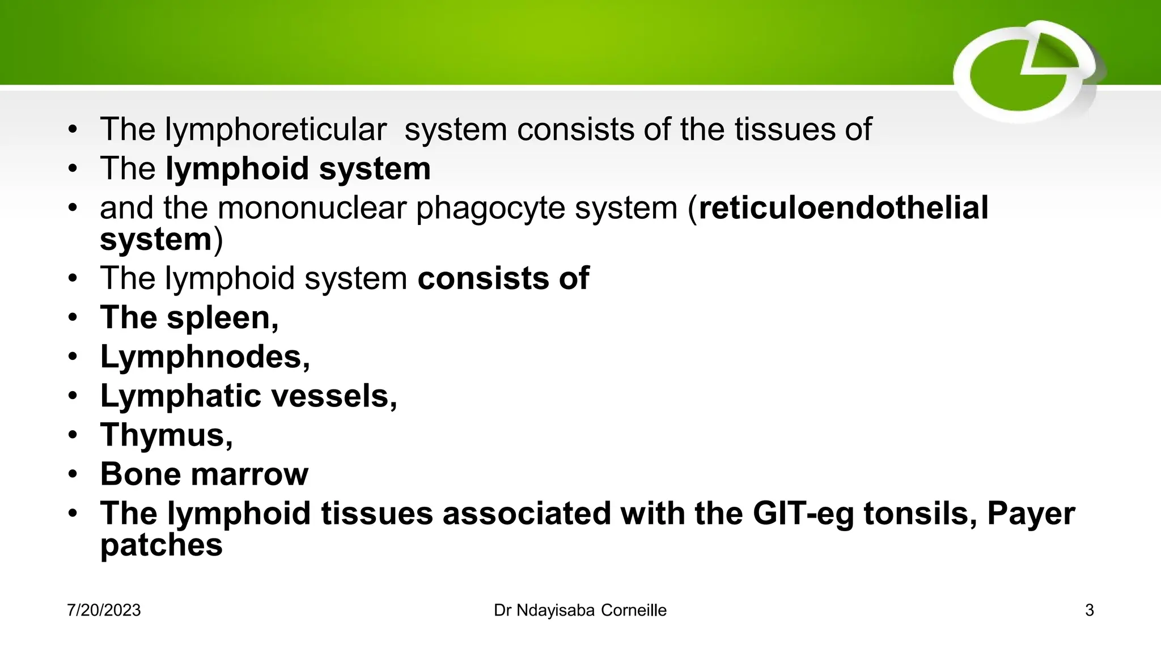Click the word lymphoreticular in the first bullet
pos(276,130)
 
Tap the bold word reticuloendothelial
pos(844,207)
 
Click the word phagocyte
pos(490,209)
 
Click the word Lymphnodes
pos(205,357)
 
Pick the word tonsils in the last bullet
pos(920,514)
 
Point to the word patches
pos(162,546)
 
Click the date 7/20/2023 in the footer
pos(104,610)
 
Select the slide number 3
pos(1089,610)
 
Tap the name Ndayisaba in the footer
pos(555,610)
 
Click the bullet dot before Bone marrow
pos(73,474)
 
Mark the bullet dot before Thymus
pos(73,435)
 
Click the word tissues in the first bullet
pos(785,130)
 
